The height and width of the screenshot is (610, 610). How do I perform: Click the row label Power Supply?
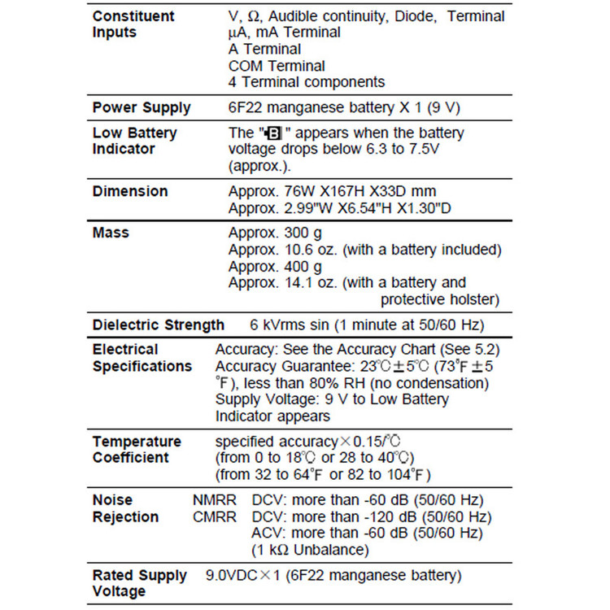point(142,107)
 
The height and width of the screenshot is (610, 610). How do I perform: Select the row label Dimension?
point(130,191)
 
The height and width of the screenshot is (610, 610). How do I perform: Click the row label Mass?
point(111,233)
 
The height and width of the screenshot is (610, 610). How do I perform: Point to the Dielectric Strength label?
point(159,325)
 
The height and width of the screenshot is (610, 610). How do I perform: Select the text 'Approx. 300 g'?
point(275,233)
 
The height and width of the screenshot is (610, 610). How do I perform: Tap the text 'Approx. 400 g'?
point(275,266)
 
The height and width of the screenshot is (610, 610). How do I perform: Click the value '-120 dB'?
point(381,516)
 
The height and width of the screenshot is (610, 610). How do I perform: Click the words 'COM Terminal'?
point(277,66)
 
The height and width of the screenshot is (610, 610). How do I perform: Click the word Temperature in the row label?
point(137,442)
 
